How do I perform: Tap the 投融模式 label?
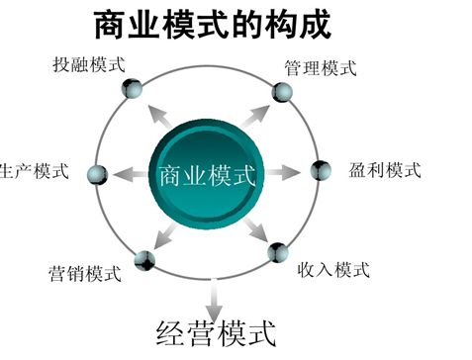[90, 66]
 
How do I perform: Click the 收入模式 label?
[333, 269]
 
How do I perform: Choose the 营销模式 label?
[84, 271]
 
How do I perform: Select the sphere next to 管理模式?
[283, 92]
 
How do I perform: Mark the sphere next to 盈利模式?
[321, 170]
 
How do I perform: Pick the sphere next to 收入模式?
[277, 252]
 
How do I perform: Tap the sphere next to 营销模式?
[145, 260]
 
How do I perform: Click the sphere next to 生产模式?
[96, 175]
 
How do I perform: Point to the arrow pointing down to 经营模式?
[212, 293]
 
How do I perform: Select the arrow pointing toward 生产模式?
[127, 175]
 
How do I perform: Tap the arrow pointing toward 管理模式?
[255, 113]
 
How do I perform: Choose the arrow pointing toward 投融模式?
[155, 112]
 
